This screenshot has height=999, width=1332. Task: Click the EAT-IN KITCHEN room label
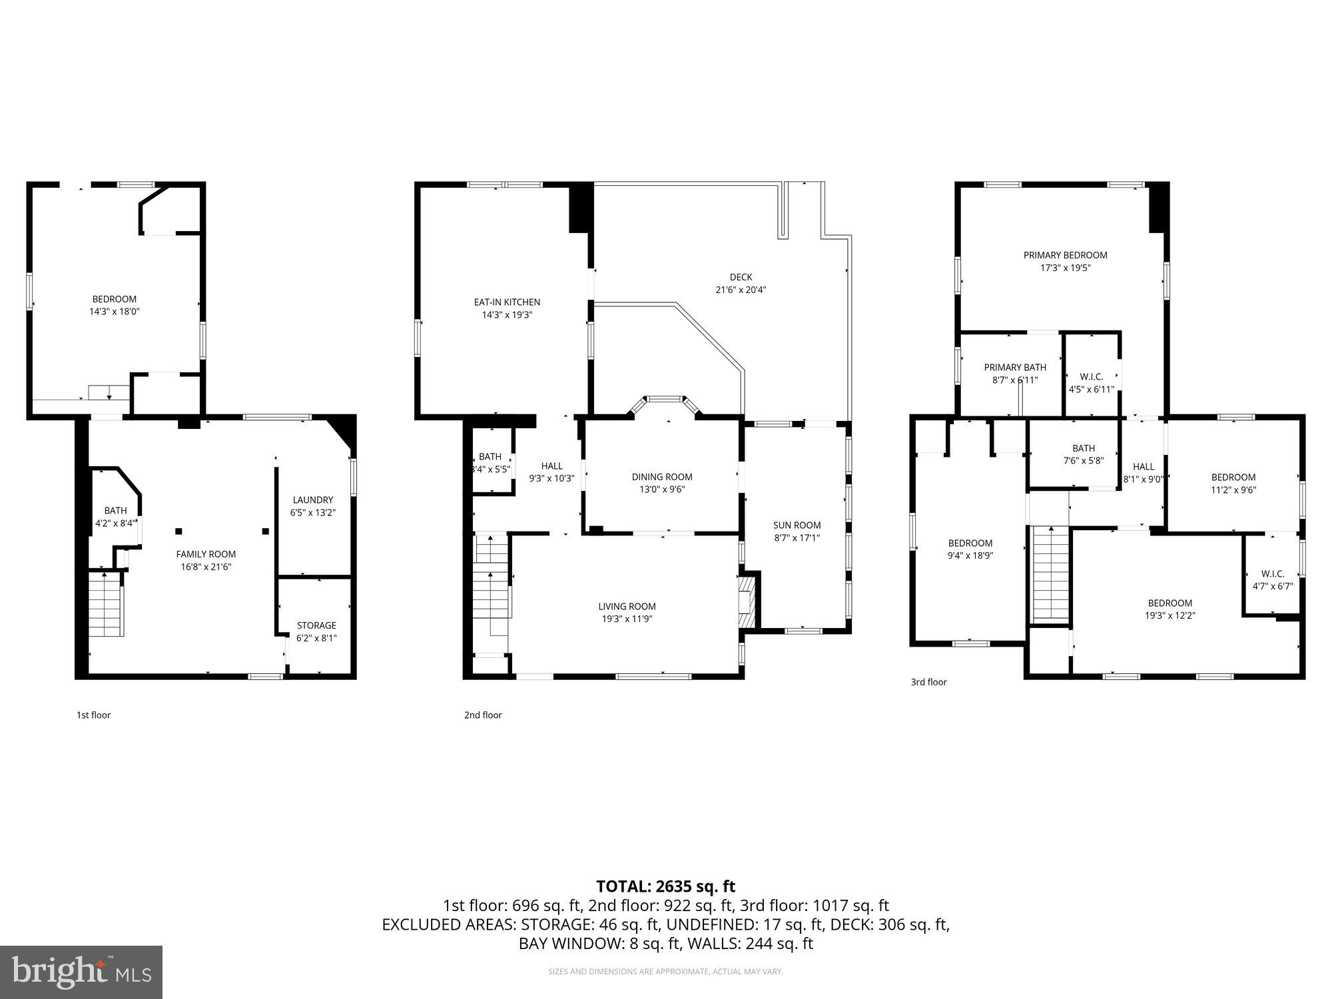pyautogui.click(x=507, y=302)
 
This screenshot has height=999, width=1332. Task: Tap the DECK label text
pyautogui.click(x=741, y=277)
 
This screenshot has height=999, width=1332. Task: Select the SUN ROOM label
pyautogui.click(x=797, y=525)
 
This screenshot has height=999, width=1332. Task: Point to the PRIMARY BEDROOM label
pyautogui.click(x=1065, y=255)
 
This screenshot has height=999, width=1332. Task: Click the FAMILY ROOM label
pyautogui.click(x=206, y=554)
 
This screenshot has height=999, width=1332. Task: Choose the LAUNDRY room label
pyautogui.click(x=312, y=500)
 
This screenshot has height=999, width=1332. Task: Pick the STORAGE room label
pyautogui.click(x=316, y=625)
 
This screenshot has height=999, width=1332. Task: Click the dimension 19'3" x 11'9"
pyautogui.click(x=627, y=619)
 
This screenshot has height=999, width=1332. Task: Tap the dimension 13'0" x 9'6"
pyautogui.click(x=661, y=490)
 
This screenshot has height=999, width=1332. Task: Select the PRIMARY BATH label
pyautogui.click(x=1015, y=368)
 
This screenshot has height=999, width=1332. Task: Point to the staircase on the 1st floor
pyautogui.click(x=107, y=605)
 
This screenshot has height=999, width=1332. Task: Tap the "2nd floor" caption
pyautogui.click(x=483, y=715)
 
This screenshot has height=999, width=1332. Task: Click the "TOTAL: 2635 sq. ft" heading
pyautogui.click(x=665, y=886)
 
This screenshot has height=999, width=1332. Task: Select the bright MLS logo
pyautogui.click(x=81, y=972)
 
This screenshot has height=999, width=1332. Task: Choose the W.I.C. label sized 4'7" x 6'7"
pyautogui.click(x=1272, y=574)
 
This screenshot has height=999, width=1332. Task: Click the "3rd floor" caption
pyautogui.click(x=928, y=682)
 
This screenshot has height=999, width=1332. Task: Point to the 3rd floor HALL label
pyautogui.click(x=1143, y=467)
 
